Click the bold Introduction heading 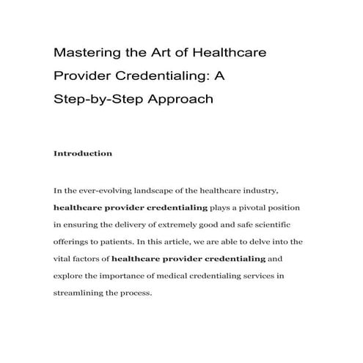(83, 154)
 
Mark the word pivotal (248, 207)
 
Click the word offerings (73, 242)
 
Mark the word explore (70, 277)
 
